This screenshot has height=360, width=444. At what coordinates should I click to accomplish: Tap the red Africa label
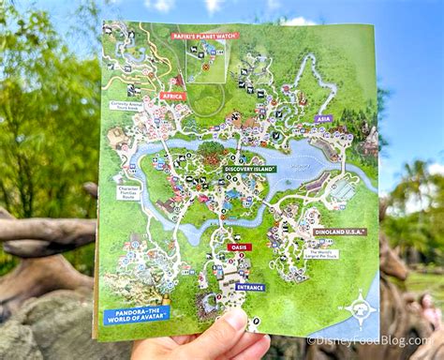(172, 96)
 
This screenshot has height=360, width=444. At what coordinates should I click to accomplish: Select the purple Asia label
(323, 119)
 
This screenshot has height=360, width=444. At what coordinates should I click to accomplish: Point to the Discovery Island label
(249, 169)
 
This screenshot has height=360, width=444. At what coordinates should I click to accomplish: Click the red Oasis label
(239, 247)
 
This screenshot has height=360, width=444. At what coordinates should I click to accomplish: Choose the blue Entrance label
(250, 287)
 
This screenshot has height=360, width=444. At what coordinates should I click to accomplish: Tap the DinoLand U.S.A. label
(339, 231)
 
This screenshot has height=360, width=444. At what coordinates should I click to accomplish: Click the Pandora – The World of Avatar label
(137, 315)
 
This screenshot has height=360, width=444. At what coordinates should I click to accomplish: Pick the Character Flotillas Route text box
(128, 192)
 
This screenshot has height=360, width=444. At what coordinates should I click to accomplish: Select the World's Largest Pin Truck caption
(320, 253)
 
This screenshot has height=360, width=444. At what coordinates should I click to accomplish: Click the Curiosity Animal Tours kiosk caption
(125, 106)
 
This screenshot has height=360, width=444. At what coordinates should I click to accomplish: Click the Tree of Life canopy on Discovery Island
(212, 150)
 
